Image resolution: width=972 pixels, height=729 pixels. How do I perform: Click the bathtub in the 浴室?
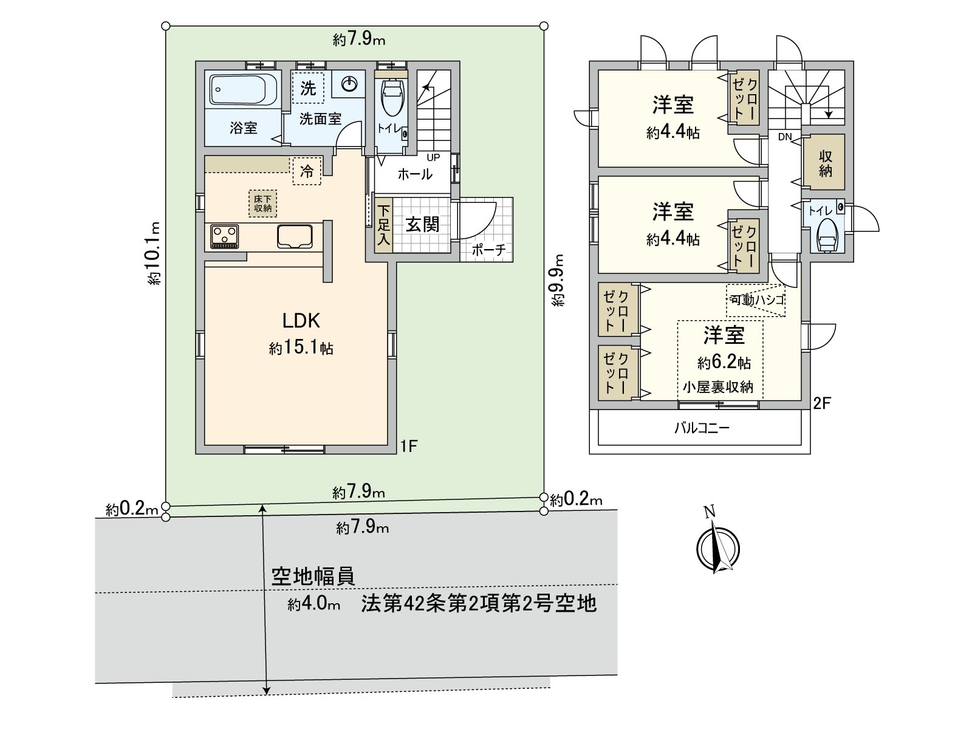244,90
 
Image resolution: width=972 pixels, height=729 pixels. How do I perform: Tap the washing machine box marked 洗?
308,88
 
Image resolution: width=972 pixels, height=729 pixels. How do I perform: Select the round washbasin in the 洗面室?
349,84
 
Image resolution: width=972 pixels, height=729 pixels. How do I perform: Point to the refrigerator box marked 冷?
307,171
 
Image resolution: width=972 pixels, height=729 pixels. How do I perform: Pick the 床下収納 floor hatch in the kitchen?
263,204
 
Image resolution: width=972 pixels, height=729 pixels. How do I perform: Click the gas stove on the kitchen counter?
224,236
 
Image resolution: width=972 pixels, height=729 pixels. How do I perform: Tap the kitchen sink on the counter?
295,236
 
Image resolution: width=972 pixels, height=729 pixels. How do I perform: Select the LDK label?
301,321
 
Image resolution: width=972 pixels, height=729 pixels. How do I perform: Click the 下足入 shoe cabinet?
383,225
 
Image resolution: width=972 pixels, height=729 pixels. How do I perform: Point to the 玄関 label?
422,225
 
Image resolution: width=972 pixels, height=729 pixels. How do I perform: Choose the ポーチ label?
488,250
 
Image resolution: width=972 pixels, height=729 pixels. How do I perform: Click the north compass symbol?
718,546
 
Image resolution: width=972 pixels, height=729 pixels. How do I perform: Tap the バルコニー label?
702,428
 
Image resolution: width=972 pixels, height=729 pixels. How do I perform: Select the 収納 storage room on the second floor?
825,163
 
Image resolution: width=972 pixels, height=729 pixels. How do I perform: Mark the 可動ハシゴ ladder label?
757,299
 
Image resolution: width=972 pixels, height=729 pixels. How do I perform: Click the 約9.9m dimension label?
558,279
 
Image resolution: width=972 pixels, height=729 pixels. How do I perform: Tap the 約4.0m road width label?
313,604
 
